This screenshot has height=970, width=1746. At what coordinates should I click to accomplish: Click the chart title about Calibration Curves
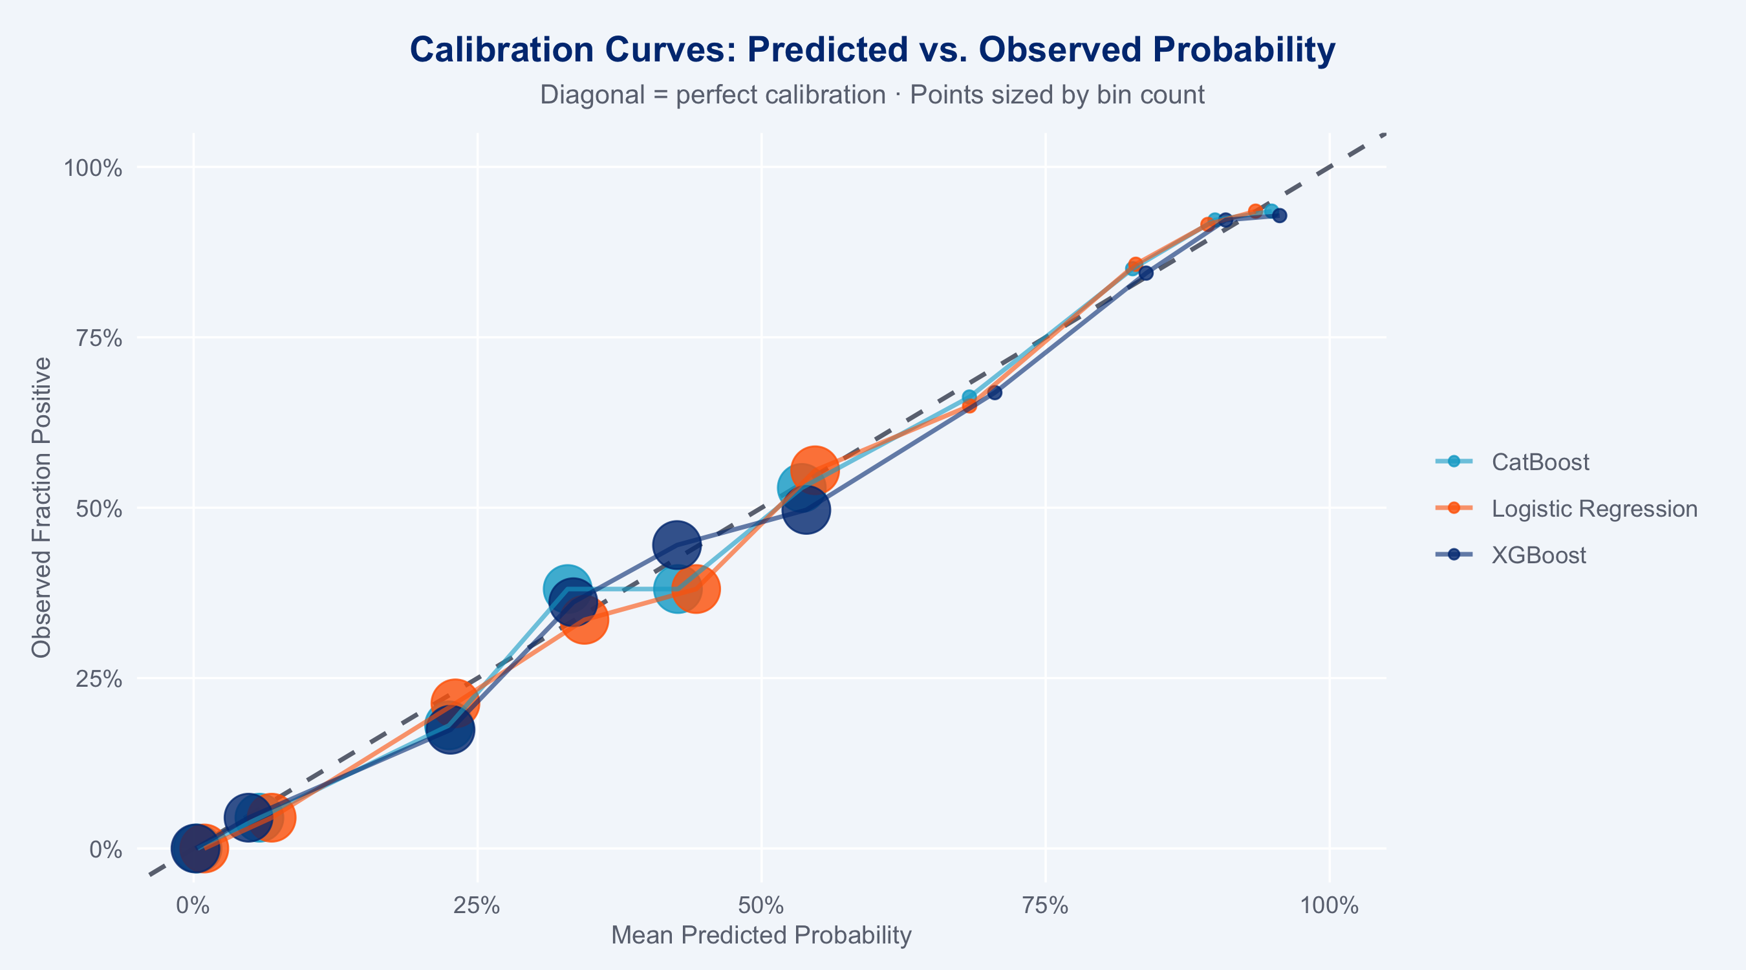tap(872, 50)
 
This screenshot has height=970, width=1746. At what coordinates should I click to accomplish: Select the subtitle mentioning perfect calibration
tap(872, 95)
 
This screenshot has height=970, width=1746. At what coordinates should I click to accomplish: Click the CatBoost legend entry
tap(1512, 462)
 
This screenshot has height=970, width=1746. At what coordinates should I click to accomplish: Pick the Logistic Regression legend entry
tap(1566, 508)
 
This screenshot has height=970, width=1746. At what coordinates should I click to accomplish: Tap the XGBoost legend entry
tap(1511, 555)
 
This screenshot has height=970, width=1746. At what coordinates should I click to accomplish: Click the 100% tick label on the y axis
tap(94, 167)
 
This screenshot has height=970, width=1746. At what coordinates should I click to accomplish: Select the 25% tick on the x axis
tap(478, 905)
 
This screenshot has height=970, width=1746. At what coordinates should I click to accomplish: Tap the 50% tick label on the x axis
tap(762, 905)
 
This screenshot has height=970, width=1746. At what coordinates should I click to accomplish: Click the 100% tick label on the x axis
tap(1330, 905)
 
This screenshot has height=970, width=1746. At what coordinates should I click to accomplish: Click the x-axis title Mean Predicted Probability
tap(761, 936)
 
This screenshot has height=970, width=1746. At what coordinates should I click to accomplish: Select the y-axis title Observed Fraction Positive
tap(41, 508)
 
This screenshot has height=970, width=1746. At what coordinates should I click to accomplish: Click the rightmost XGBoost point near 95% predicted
tap(1279, 215)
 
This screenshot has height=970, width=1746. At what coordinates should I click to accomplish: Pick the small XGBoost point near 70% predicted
tap(995, 393)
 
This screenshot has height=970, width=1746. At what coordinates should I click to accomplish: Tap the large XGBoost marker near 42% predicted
tap(676, 544)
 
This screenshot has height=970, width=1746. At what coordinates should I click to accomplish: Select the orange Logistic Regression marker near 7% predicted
tap(270, 817)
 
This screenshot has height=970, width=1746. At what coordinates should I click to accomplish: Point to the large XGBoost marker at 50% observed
tap(805, 509)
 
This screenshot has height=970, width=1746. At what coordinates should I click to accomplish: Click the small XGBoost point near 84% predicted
tap(1145, 273)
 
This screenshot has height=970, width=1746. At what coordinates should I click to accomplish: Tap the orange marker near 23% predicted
tap(454, 702)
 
